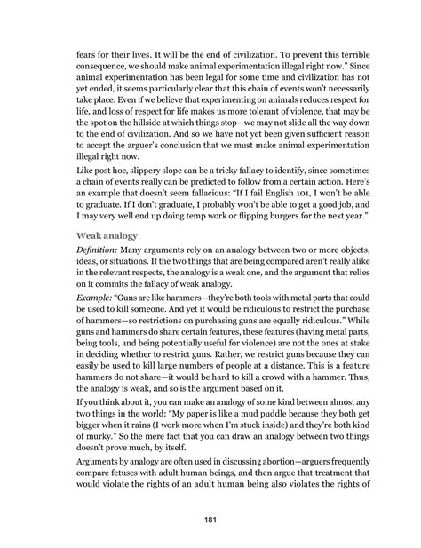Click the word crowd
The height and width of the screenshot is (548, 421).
pyautogui.click(x=289, y=362)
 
